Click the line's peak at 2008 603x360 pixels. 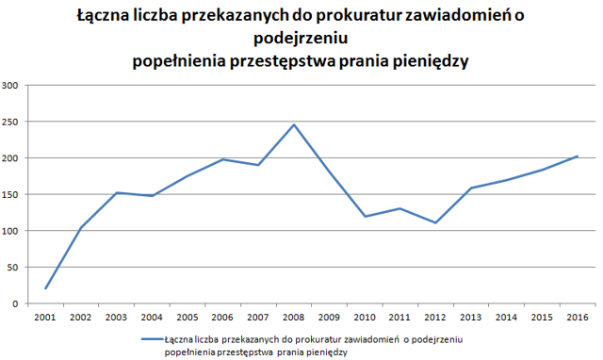coord(294,124)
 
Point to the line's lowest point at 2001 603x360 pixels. coord(45,288)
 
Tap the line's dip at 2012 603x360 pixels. coord(435,222)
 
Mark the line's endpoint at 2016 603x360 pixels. coord(578,156)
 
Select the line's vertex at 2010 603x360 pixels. coord(365,217)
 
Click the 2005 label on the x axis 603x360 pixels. coord(187,318)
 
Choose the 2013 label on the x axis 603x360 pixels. coord(471,318)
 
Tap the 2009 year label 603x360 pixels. coord(329,318)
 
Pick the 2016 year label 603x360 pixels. coord(578,318)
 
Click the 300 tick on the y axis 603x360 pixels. coord(10,86)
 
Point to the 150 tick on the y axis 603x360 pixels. coord(10,195)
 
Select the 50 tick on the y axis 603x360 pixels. coord(12,268)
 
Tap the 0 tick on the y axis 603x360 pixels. coord(15,303)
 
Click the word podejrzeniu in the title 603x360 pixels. coord(301,38)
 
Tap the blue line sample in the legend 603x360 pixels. coord(153,339)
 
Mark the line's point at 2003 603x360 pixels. coord(117,192)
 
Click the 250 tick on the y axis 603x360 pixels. coord(10,122)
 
